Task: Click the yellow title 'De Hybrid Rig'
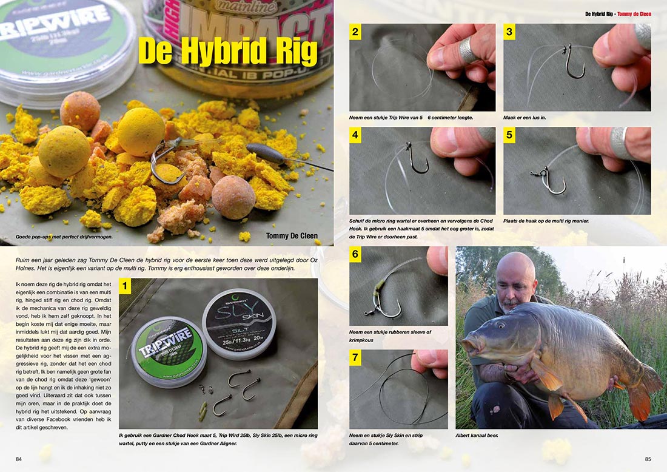click(227, 53)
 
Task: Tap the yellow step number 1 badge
click(126, 285)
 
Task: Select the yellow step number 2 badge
click(355, 32)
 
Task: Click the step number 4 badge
click(355, 135)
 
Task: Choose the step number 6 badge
click(355, 254)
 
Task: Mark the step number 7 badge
click(355, 357)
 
